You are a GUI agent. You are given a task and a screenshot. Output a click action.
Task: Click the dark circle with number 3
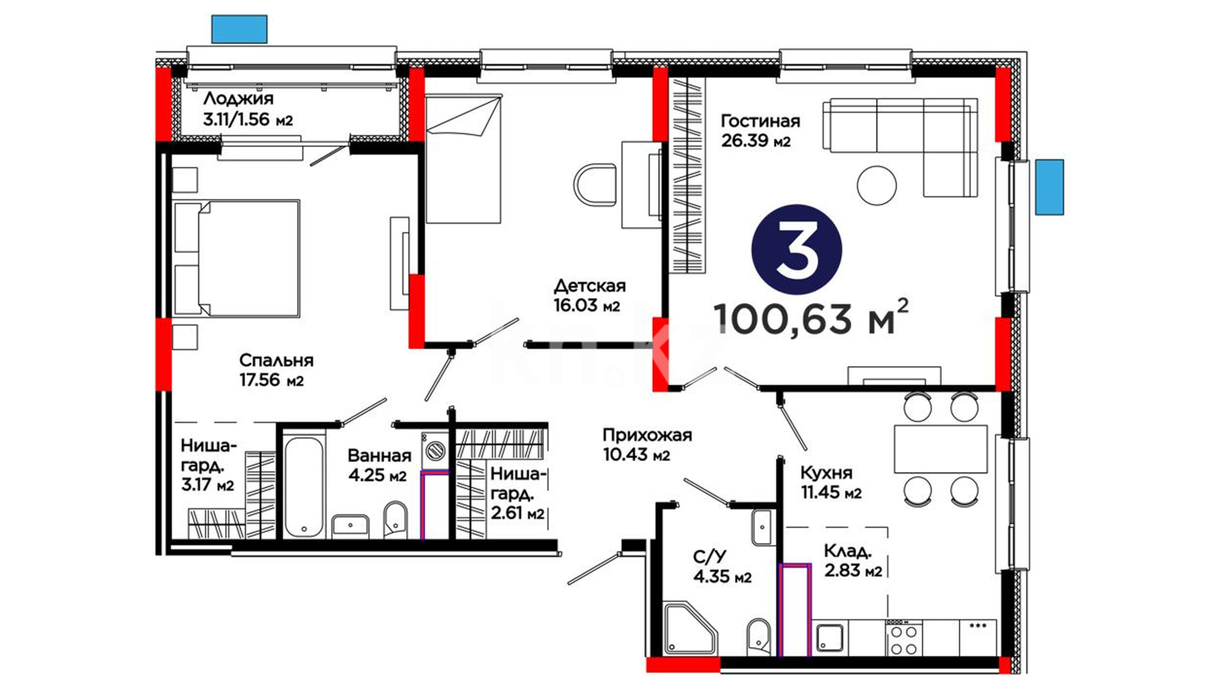[x=797, y=249]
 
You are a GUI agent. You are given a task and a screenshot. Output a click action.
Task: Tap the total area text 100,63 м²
[x=810, y=317]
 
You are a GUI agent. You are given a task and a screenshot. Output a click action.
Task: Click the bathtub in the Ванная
[x=305, y=486]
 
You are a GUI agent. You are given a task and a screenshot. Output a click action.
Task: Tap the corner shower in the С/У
[x=691, y=628]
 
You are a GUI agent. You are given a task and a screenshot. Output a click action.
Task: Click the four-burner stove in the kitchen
[x=904, y=638]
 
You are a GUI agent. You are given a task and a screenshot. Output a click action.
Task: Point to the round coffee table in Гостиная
[x=877, y=185]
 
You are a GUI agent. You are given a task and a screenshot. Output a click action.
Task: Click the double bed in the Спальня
[x=237, y=258]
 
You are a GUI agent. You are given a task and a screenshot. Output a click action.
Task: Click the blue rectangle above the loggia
[x=239, y=29]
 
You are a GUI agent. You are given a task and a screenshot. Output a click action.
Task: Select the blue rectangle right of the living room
[x=1050, y=187]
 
